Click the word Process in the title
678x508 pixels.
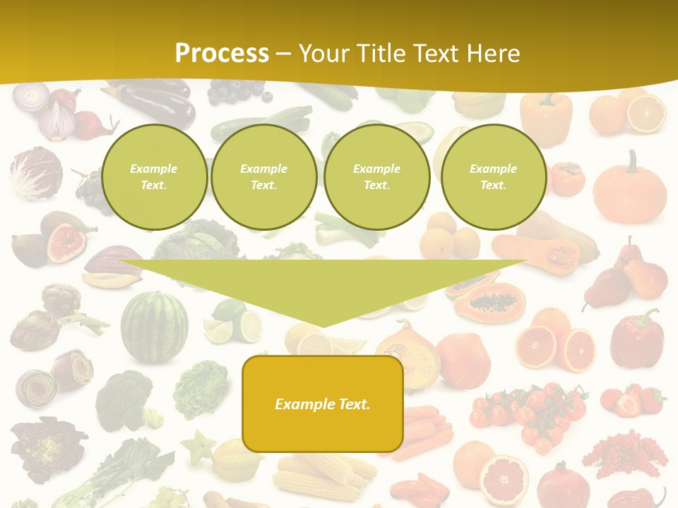point(222,53)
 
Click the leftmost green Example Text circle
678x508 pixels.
point(154,177)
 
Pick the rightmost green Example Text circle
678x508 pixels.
point(494,177)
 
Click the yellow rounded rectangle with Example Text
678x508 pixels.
point(323,404)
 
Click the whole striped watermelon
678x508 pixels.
point(154,326)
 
